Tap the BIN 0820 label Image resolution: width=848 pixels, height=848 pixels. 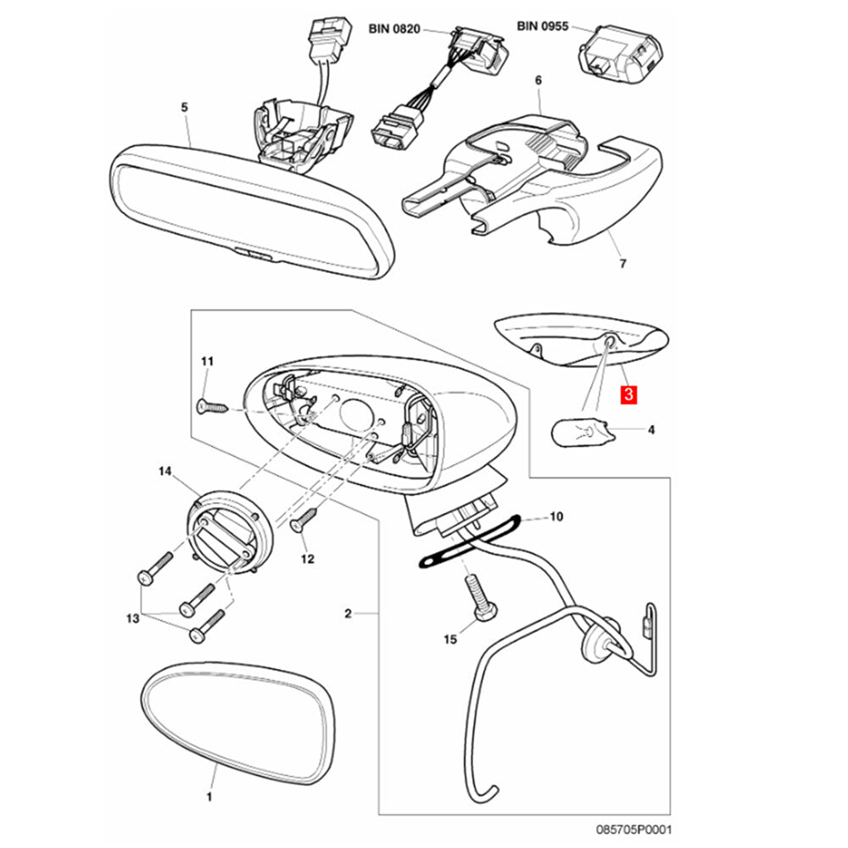pyautogui.click(x=394, y=28)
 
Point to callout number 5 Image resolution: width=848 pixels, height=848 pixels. pyautogui.click(x=185, y=107)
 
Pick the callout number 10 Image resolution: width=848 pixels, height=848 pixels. pyautogui.click(x=556, y=516)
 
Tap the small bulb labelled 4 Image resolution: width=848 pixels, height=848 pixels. pyautogui.click(x=585, y=432)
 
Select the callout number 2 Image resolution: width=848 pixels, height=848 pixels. pyautogui.click(x=347, y=611)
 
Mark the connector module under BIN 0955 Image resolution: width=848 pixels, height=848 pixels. pyautogui.click(x=616, y=53)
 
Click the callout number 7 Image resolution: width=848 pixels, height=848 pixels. pyautogui.click(x=622, y=265)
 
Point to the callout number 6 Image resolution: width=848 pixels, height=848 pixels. pyautogui.click(x=537, y=81)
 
